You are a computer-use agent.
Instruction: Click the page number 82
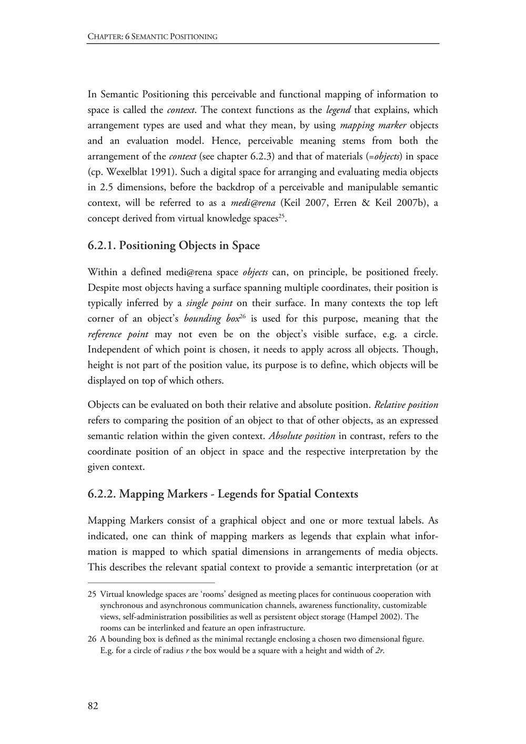[x=93, y=706]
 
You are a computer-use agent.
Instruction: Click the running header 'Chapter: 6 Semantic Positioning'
[x=153, y=37]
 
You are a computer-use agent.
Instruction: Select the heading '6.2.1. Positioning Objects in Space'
[x=174, y=246]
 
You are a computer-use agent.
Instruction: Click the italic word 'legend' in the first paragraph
[x=338, y=110]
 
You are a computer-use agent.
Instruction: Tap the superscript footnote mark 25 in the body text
[x=281, y=216]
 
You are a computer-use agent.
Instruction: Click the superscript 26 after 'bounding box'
[x=243, y=316]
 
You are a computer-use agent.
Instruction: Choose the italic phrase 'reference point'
[x=118, y=334]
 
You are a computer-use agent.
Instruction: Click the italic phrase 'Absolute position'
[x=302, y=436]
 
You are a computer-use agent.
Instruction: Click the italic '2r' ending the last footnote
[x=379, y=650]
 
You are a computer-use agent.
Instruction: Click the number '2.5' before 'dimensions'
[x=107, y=187]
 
